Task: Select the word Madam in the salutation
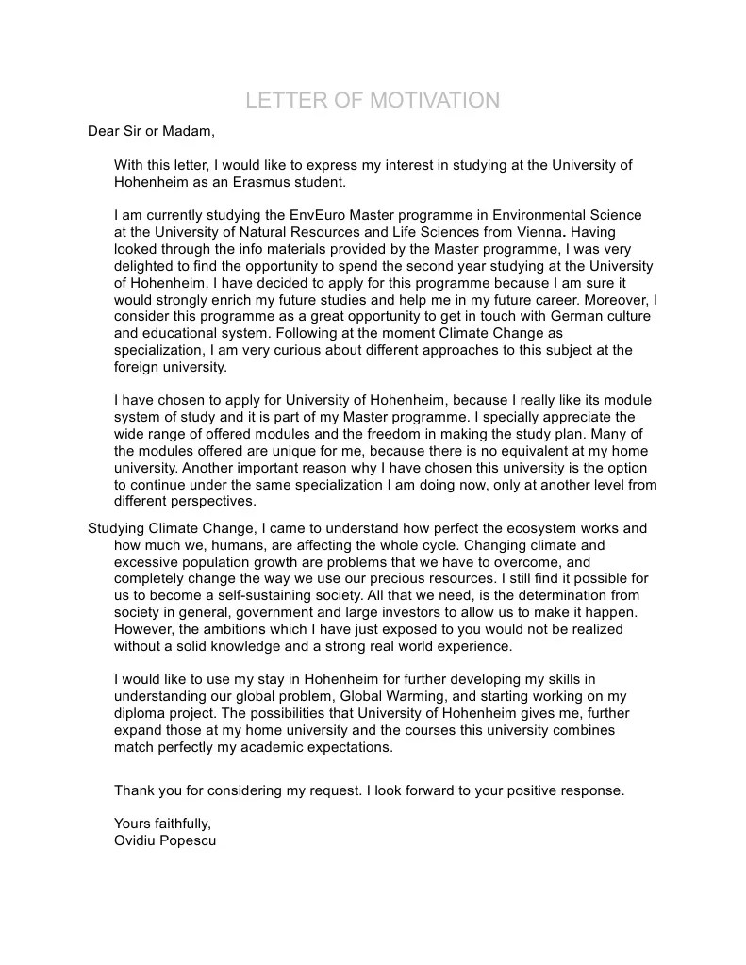(x=193, y=131)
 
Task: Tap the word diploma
(x=141, y=713)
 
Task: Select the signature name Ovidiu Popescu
(x=165, y=840)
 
